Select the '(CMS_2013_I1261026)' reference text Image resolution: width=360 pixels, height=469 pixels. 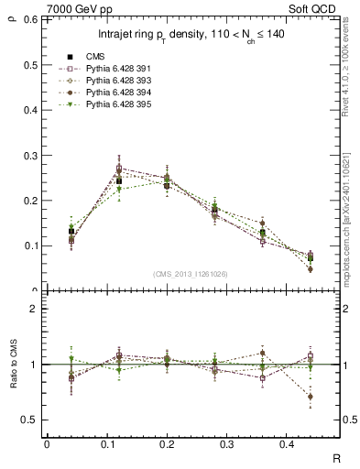[x=191, y=274]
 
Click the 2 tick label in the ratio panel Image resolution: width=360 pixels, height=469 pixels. [x=34, y=309]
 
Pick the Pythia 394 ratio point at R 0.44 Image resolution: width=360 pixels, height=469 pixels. [x=310, y=397]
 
